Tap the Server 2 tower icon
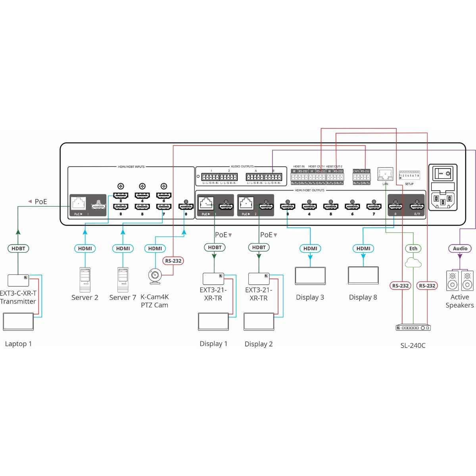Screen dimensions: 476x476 (85, 280)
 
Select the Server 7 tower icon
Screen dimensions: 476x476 (123, 280)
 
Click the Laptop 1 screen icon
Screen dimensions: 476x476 (18, 322)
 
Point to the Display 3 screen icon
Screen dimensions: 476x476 (310, 276)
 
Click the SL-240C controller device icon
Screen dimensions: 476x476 (413, 328)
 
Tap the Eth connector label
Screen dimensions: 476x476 (413, 249)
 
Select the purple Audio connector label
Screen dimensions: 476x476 (460, 249)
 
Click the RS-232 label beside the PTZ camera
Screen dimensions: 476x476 (173, 261)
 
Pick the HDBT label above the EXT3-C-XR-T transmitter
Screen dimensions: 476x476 (18, 249)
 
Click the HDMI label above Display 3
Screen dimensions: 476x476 (310, 249)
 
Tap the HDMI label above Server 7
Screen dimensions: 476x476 (123, 249)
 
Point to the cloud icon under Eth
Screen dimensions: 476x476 (413, 262)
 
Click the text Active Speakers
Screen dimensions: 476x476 (459, 301)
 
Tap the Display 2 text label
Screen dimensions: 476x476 (259, 344)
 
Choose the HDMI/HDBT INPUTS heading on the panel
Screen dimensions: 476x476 (131, 167)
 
